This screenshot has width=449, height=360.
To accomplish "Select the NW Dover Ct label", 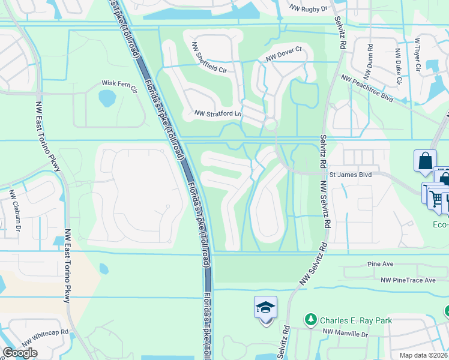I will [x=283, y=58].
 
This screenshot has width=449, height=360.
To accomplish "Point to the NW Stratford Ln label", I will [x=218, y=113].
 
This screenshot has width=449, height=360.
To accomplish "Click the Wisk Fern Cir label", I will [x=119, y=83].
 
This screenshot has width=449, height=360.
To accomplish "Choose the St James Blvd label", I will [x=351, y=175].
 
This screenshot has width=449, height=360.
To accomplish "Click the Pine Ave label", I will [x=380, y=264].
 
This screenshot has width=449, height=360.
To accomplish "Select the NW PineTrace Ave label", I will [x=408, y=280].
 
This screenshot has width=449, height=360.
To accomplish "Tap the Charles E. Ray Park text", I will [x=356, y=320].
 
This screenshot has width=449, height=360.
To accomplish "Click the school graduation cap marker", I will [x=265, y=308].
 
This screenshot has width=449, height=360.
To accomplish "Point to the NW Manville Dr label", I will [x=344, y=332].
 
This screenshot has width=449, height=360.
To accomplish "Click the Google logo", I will [x=20, y=353].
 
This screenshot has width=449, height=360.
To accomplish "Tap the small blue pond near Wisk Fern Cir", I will [x=107, y=97].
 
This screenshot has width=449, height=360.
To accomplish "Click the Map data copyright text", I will [x=424, y=355].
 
